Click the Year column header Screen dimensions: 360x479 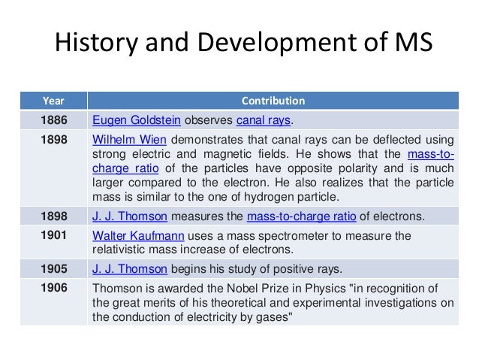[53, 100]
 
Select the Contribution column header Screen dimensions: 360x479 [273, 100]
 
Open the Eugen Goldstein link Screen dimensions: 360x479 [136, 120]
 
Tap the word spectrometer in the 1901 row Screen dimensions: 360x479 [293, 236]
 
